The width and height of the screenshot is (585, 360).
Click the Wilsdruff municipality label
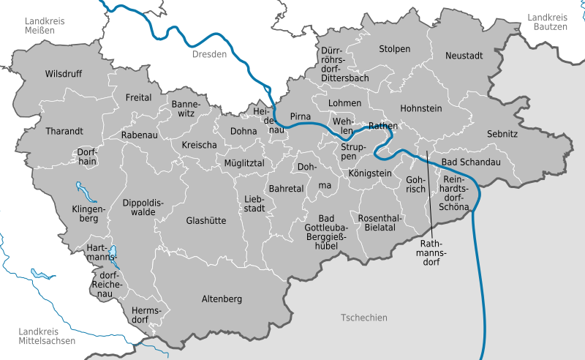[x=64, y=74]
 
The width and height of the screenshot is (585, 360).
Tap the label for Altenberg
[x=222, y=299]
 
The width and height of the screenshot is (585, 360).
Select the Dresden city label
[x=210, y=55]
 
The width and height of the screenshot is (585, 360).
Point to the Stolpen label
[x=395, y=49]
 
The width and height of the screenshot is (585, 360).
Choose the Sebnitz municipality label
[x=502, y=134]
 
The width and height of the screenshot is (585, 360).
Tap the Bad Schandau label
[x=471, y=162]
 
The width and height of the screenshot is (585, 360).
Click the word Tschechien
[x=363, y=318]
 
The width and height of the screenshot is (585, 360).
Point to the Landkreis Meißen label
[x=43, y=26]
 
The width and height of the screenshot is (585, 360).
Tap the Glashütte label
[x=206, y=220]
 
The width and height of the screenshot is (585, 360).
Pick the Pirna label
[x=301, y=116]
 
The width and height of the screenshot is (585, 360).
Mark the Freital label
[x=138, y=97]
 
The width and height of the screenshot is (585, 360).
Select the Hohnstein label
[x=421, y=108]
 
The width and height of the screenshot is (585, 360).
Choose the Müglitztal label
[x=244, y=162]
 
